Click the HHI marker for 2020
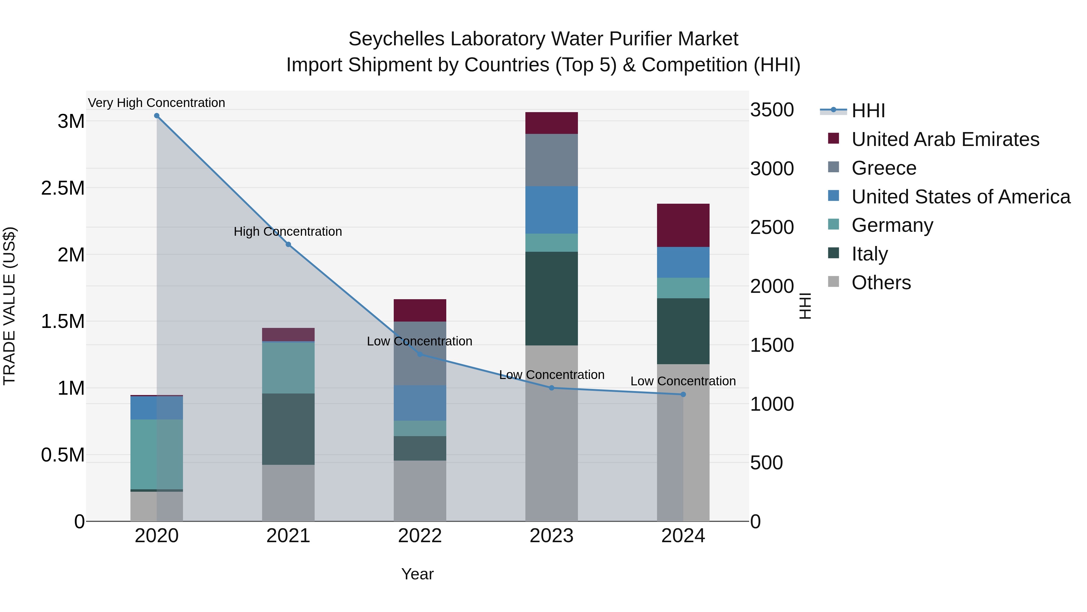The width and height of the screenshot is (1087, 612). click(x=156, y=116)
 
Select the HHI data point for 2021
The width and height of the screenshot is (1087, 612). click(x=288, y=244)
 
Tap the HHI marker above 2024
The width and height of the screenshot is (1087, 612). click(x=683, y=394)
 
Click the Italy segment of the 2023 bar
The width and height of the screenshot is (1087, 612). click(x=552, y=299)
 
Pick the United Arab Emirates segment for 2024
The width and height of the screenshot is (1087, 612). click(x=683, y=225)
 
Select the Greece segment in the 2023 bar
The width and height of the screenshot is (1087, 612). click(x=552, y=160)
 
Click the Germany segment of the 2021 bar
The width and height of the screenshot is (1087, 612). click(x=288, y=368)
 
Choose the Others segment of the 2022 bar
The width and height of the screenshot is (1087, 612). click(x=420, y=491)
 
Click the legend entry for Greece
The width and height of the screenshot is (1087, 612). click(x=883, y=168)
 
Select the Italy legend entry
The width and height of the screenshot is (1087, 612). click(x=869, y=254)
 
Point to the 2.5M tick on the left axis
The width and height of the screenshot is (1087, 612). click(x=63, y=188)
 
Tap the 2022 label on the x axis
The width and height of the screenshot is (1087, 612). click(x=420, y=536)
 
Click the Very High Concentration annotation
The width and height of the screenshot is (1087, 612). click(x=156, y=103)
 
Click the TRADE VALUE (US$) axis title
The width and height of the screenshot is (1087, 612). click(x=9, y=306)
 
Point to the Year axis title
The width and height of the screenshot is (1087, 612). click(x=417, y=574)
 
